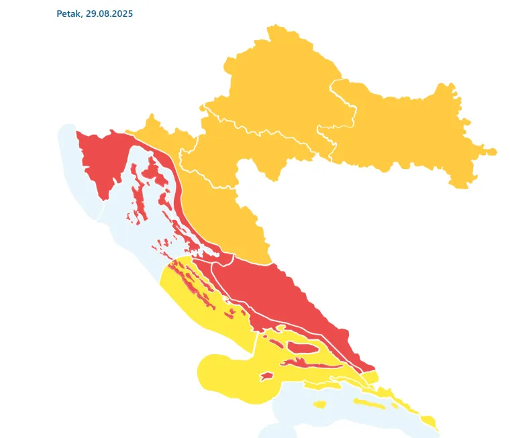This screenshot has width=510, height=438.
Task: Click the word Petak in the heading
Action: pyautogui.click(x=68, y=13)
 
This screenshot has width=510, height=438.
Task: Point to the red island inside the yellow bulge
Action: pyautogui.click(x=266, y=376)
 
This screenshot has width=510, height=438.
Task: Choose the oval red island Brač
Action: pyautogui.click(x=299, y=347)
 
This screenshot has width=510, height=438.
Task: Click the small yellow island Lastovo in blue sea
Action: pyautogui.click(x=319, y=404)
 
